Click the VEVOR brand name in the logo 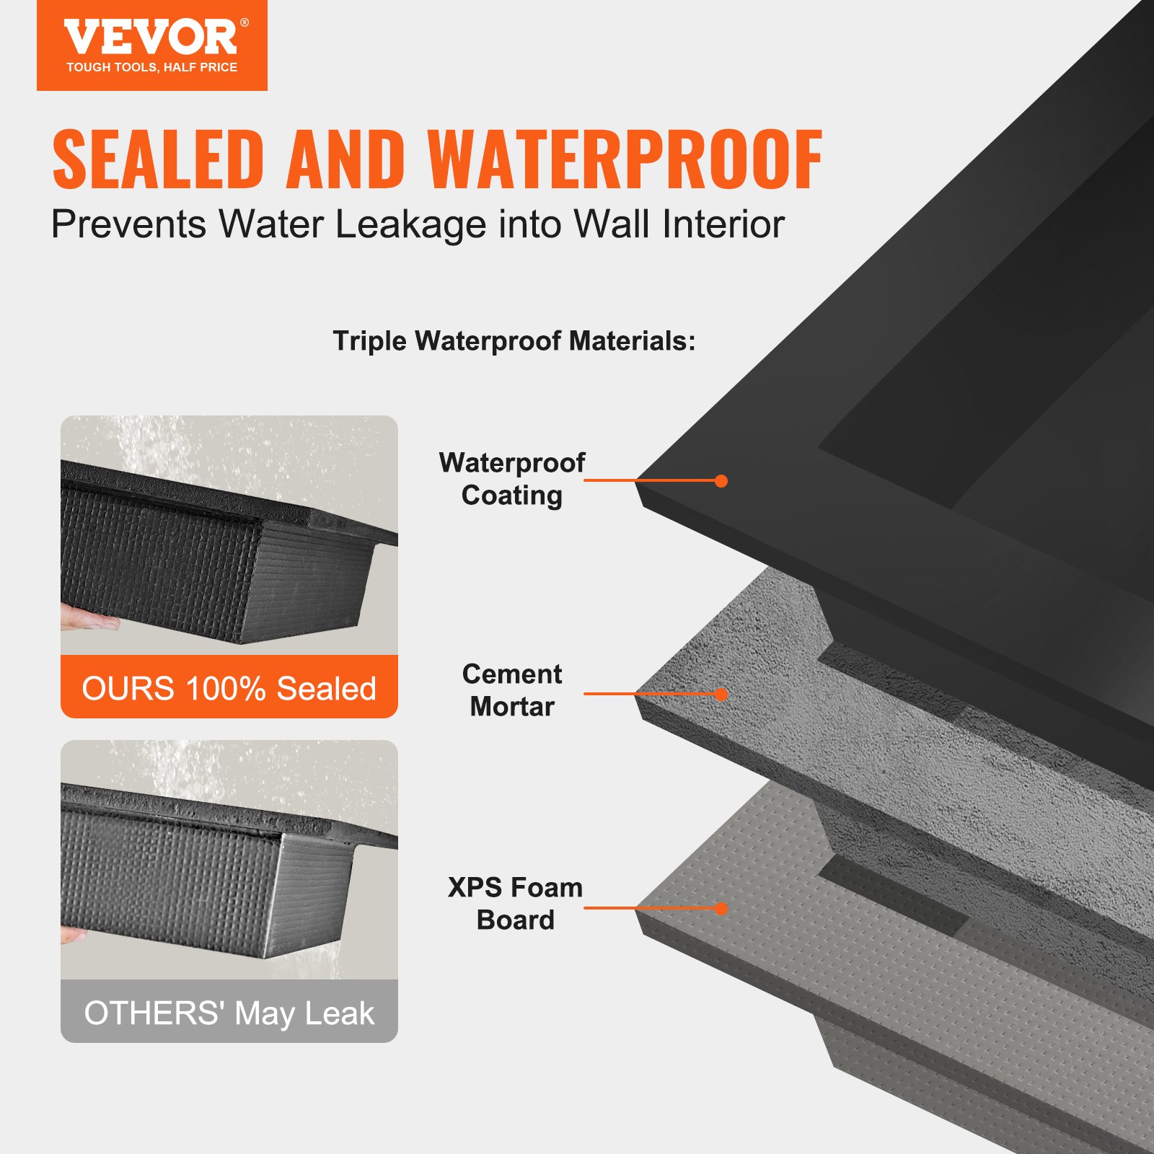click(150, 38)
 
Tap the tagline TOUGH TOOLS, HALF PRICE click(151, 68)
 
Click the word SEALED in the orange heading click(158, 159)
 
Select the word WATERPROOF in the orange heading click(625, 159)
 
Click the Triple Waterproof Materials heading click(514, 341)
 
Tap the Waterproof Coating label click(512, 479)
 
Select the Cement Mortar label click(512, 690)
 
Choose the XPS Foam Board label click(515, 903)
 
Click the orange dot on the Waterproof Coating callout click(721, 481)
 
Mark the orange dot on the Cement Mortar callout click(721, 695)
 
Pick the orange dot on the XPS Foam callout click(721, 909)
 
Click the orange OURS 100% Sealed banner click(229, 687)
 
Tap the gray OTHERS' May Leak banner click(229, 1012)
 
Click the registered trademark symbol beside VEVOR click(245, 23)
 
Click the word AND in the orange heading click(345, 159)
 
